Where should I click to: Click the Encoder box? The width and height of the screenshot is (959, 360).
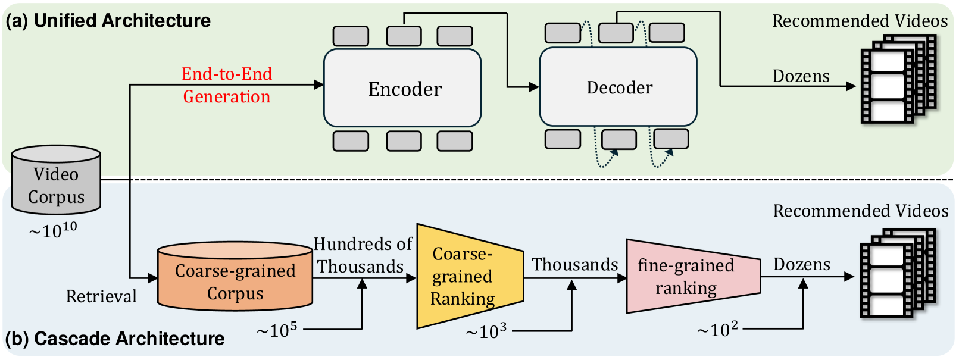402,88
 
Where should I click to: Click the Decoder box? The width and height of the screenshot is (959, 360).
618,87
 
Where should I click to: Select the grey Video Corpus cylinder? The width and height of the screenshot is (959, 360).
56,181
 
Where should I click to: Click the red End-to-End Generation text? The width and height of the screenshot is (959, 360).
227,85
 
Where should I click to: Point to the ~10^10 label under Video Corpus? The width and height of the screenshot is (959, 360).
53,230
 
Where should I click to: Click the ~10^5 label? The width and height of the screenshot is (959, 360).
277,330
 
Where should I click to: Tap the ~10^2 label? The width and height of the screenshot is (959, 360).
717,329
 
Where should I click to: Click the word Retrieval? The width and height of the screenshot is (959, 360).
101,296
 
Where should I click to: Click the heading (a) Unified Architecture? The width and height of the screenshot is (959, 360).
108,21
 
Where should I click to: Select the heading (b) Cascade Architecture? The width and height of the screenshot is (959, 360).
115,339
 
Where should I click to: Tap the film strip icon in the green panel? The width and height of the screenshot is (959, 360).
897,79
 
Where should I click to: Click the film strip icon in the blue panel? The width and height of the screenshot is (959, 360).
897,274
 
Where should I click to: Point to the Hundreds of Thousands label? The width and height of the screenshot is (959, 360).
362,255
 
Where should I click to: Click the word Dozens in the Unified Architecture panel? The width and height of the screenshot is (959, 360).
801,76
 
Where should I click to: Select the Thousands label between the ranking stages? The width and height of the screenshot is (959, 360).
574,264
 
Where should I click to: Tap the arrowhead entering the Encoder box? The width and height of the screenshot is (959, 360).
319,85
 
